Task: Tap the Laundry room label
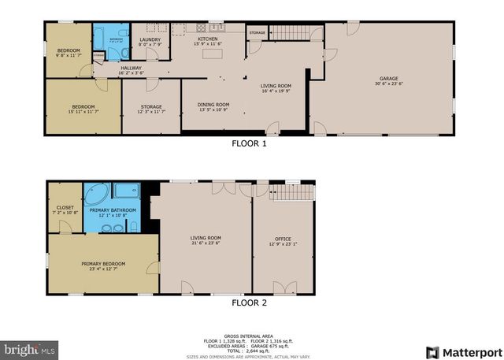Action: coord(150,42)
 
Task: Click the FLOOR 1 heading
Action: coord(249,144)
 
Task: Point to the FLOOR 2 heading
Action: coord(249,302)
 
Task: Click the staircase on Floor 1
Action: coord(292,32)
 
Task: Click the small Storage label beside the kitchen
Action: coord(258,33)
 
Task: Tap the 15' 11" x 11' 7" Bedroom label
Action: coord(83,109)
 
